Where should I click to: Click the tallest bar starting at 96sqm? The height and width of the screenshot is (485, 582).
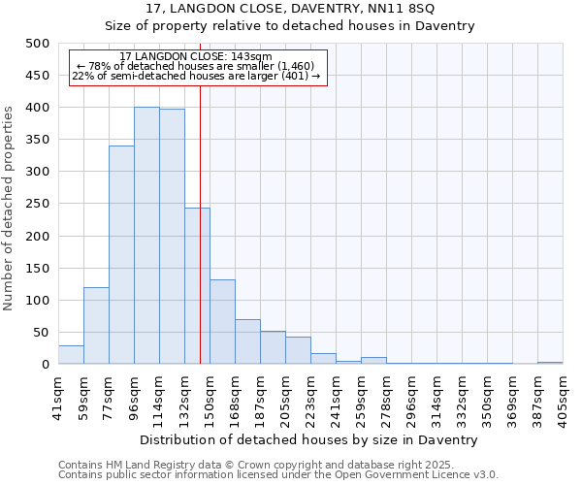coord(146,236)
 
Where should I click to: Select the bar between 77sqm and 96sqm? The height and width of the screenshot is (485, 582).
coord(121,255)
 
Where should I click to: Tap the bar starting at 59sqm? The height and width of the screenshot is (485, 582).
coord(96,326)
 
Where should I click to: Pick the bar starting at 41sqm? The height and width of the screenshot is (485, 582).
coord(71,355)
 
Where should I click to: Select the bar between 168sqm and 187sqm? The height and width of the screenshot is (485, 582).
coord(247,342)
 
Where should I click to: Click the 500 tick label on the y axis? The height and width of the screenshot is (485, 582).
coord(38,44)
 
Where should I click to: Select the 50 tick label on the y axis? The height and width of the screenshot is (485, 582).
coord(42,333)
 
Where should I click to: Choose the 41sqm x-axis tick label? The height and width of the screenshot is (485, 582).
coord(58,396)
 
